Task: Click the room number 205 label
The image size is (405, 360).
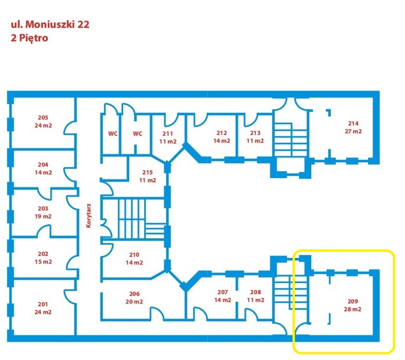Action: (x=43, y=118)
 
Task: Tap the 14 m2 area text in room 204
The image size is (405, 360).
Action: (x=43, y=173)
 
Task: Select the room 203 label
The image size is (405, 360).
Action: (x=43, y=208)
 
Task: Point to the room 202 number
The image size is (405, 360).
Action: (x=43, y=254)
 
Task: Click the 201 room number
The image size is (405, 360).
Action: (x=43, y=305)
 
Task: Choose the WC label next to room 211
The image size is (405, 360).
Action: (x=137, y=133)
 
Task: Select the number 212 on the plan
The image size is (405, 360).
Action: (x=222, y=132)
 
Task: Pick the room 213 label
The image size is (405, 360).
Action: (x=255, y=132)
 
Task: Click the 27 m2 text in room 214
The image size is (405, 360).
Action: (x=353, y=132)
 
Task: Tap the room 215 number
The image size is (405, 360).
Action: (x=147, y=173)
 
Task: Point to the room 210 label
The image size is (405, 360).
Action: (x=134, y=255)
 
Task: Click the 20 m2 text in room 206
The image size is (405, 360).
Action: (x=134, y=302)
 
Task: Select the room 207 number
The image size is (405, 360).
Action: (x=223, y=292)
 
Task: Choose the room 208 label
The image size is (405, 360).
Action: (x=255, y=292)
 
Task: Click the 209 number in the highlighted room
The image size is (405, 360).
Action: (x=353, y=301)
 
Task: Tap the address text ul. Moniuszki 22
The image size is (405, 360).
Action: (x=50, y=24)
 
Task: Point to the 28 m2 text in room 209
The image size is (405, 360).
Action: (x=353, y=309)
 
